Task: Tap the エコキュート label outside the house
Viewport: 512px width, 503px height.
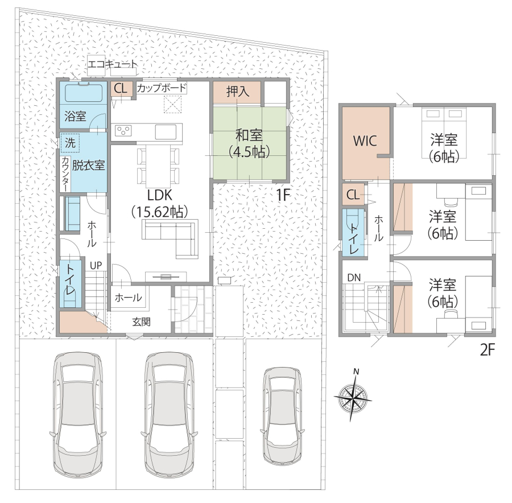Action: click(x=112, y=64)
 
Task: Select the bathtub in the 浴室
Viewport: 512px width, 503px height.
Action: click(x=84, y=93)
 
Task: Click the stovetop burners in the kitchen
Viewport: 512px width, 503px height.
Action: click(x=123, y=131)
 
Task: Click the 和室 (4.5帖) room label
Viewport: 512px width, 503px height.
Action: click(x=249, y=143)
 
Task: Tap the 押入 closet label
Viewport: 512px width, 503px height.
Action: click(x=238, y=92)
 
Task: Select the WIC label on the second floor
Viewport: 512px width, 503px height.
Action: click(x=365, y=141)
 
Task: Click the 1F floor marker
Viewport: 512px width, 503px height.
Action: click(x=283, y=195)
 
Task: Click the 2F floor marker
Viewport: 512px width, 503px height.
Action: click(x=488, y=350)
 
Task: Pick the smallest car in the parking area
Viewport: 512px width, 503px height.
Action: click(x=282, y=416)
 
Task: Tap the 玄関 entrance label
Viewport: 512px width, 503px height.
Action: click(x=142, y=322)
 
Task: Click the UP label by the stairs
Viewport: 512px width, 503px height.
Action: click(x=96, y=266)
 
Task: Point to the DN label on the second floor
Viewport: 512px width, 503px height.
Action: click(x=354, y=278)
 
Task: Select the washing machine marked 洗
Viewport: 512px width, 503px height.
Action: click(x=70, y=143)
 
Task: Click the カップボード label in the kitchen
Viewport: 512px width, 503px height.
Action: click(x=162, y=88)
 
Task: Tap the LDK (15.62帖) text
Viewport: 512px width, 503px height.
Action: click(x=160, y=204)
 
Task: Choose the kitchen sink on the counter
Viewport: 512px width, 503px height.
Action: click(x=166, y=131)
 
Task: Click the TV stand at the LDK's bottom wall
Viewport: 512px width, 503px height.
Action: click(x=166, y=277)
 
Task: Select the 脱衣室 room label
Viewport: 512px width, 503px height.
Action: click(x=89, y=165)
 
